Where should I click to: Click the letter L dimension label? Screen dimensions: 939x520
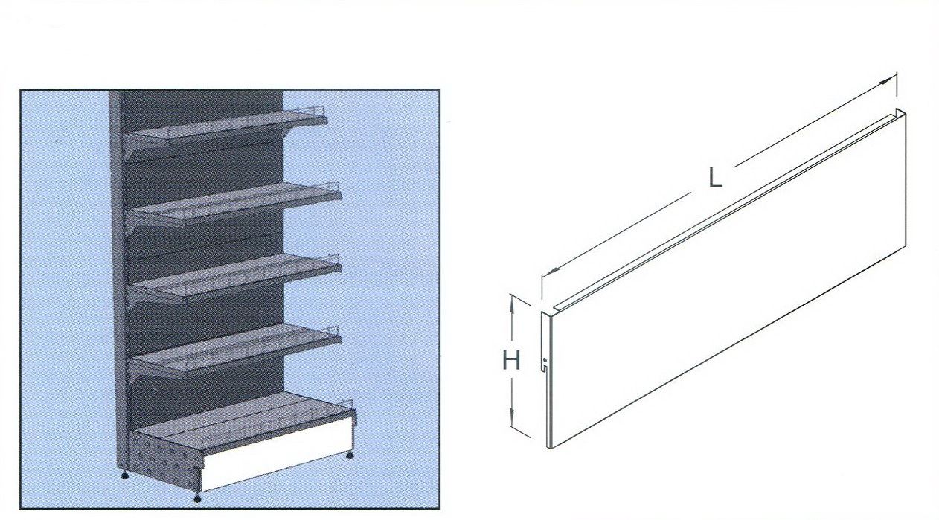(x=715, y=177)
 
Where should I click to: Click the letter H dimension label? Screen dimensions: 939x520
(x=511, y=360)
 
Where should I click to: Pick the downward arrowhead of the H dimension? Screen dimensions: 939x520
(x=512, y=416)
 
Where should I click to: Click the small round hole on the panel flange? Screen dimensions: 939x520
(x=544, y=359)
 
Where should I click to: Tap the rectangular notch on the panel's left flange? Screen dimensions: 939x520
(x=543, y=368)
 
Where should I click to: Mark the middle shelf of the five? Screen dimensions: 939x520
(x=236, y=277)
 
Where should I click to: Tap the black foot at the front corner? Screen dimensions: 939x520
(x=196, y=498)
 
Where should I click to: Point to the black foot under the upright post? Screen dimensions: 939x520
(x=124, y=476)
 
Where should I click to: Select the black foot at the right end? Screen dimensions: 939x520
(x=349, y=455)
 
